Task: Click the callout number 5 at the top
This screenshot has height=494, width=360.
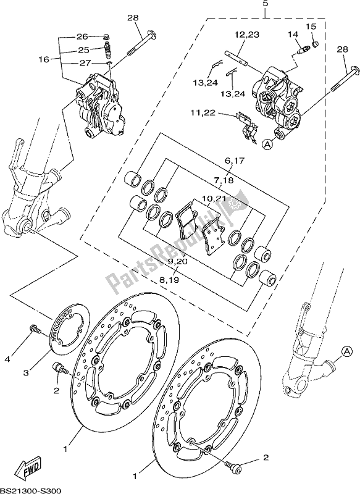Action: tap(265, 4)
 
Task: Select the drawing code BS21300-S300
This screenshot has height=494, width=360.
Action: tap(30, 490)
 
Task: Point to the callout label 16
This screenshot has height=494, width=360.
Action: tap(44, 59)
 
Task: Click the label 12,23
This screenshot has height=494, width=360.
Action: tap(246, 35)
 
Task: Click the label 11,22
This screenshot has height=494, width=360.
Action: tap(204, 112)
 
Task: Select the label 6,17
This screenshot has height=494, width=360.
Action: tap(235, 161)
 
